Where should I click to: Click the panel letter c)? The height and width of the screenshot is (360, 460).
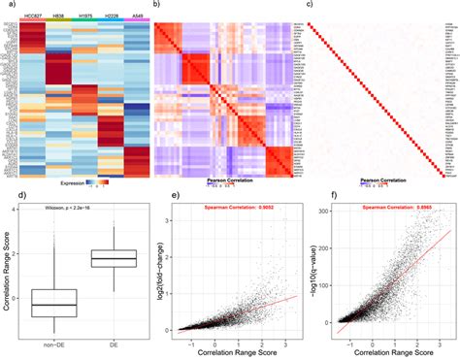[310, 5]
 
